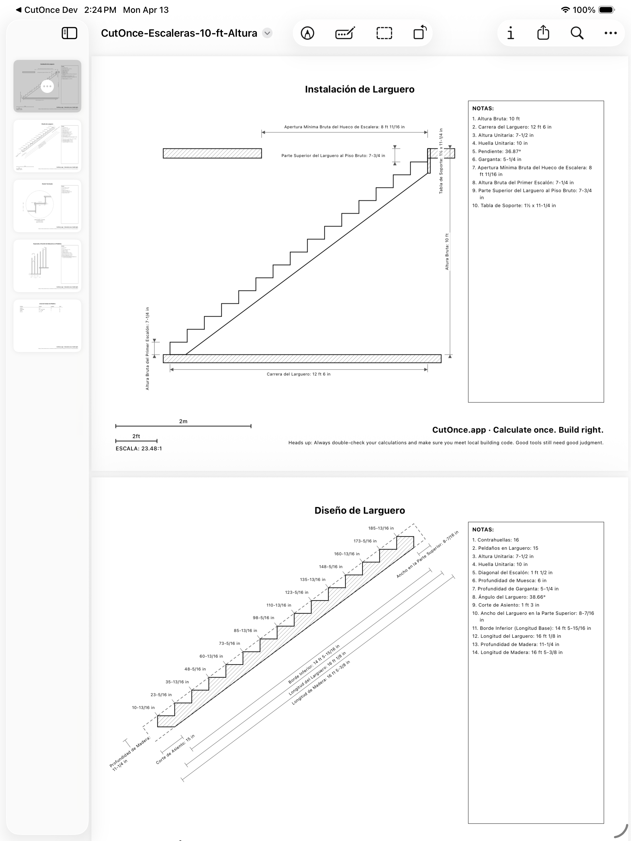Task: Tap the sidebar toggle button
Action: click(69, 33)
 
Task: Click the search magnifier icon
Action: click(577, 33)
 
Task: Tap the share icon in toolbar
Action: click(543, 33)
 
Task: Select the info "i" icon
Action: click(511, 33)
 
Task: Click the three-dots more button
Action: click(610, 33)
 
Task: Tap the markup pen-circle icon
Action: click(307, 33)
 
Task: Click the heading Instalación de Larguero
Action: click(360, 89)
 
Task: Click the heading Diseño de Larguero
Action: click(360, 510)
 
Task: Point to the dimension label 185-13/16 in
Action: click(381, 528)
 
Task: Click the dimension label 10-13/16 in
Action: click(143, 707)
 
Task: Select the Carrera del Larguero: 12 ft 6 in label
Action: click(299, 374)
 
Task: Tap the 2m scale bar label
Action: click(183, 421)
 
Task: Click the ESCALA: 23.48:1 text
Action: click(138, 449)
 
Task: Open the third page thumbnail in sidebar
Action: click(47, 206)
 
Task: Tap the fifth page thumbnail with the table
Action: click(47, 325)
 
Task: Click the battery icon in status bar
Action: click(607, 10)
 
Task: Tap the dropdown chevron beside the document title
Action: click(268, 33)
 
